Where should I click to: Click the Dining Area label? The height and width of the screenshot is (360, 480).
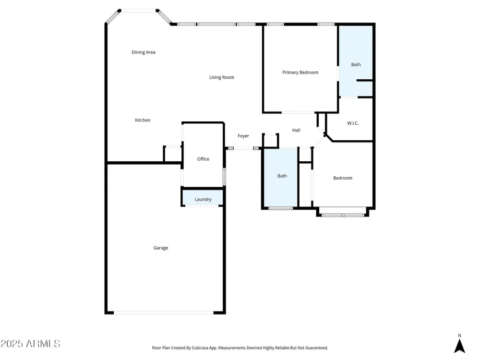click(143, 52)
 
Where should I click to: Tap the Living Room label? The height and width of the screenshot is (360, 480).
click(222, 77)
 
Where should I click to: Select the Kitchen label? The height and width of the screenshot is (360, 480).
click(143, 120)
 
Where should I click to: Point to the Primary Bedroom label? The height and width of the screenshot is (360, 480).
click(300, 72)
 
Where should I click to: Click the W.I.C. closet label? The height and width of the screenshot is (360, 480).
click(353, 123)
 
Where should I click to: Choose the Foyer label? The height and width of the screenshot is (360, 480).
click(243, 136)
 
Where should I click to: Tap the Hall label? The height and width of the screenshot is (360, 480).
click(296, 130)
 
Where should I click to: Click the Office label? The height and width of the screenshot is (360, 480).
click(203, 159)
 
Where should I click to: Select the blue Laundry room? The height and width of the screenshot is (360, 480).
click(203, 198)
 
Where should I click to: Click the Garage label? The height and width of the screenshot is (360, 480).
click(161, 248)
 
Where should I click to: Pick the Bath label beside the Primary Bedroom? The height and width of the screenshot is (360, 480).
click(356, 65)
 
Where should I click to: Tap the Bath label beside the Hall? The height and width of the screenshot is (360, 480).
click(282, 176)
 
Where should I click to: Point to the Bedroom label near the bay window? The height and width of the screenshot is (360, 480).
click(343, 178)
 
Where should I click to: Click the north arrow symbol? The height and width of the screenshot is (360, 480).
click(459, 346)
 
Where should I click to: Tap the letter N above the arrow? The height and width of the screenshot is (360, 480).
click(459, 336)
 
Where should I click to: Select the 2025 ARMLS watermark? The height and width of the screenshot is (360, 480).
click(30, 344)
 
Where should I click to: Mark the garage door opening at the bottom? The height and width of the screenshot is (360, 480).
click(164, 313)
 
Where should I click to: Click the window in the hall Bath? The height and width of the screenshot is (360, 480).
click(281, 208)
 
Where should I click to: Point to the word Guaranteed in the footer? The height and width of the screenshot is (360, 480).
click(317, 348)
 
